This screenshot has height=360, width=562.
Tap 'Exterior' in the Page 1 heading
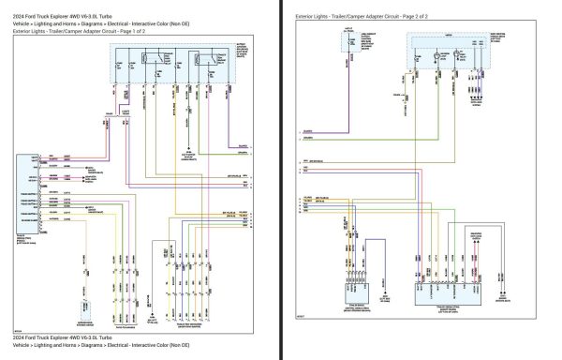pos(26,31)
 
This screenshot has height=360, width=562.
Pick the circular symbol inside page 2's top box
pos(439,58)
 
